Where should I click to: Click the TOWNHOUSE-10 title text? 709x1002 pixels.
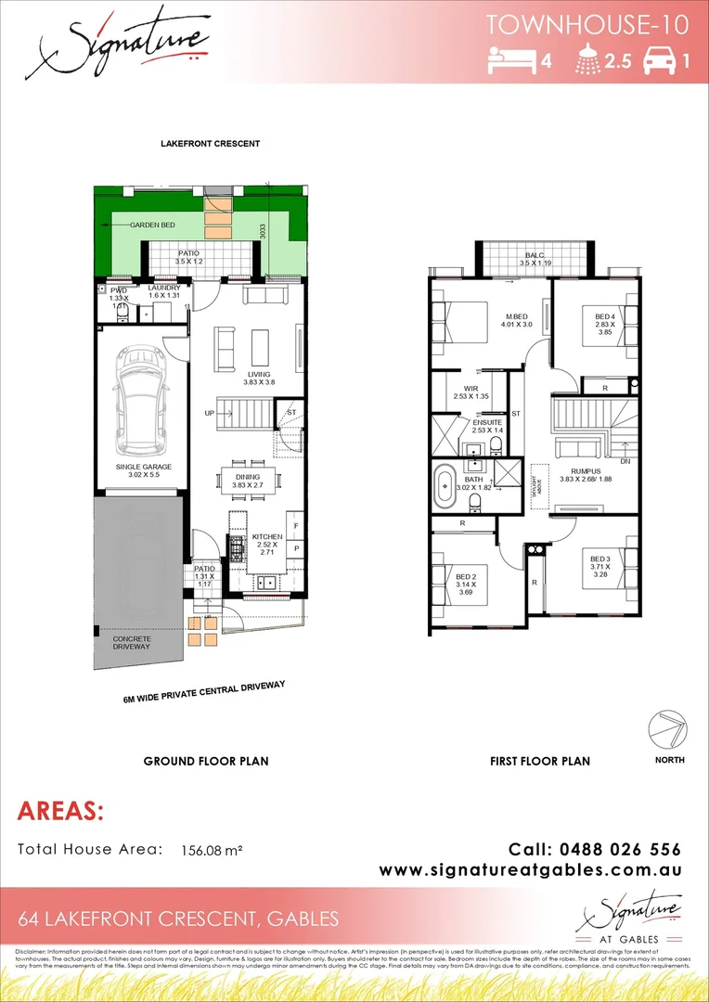click(587, 25)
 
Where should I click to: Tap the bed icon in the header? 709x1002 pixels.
click(509, 61)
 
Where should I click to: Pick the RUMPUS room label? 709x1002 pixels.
click(587, 471)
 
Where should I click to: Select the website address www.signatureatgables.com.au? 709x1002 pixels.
click(531, 870)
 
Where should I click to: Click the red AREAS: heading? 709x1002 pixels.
click(60, 812)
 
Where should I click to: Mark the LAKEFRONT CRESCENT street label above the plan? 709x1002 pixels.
click(210, 144)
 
